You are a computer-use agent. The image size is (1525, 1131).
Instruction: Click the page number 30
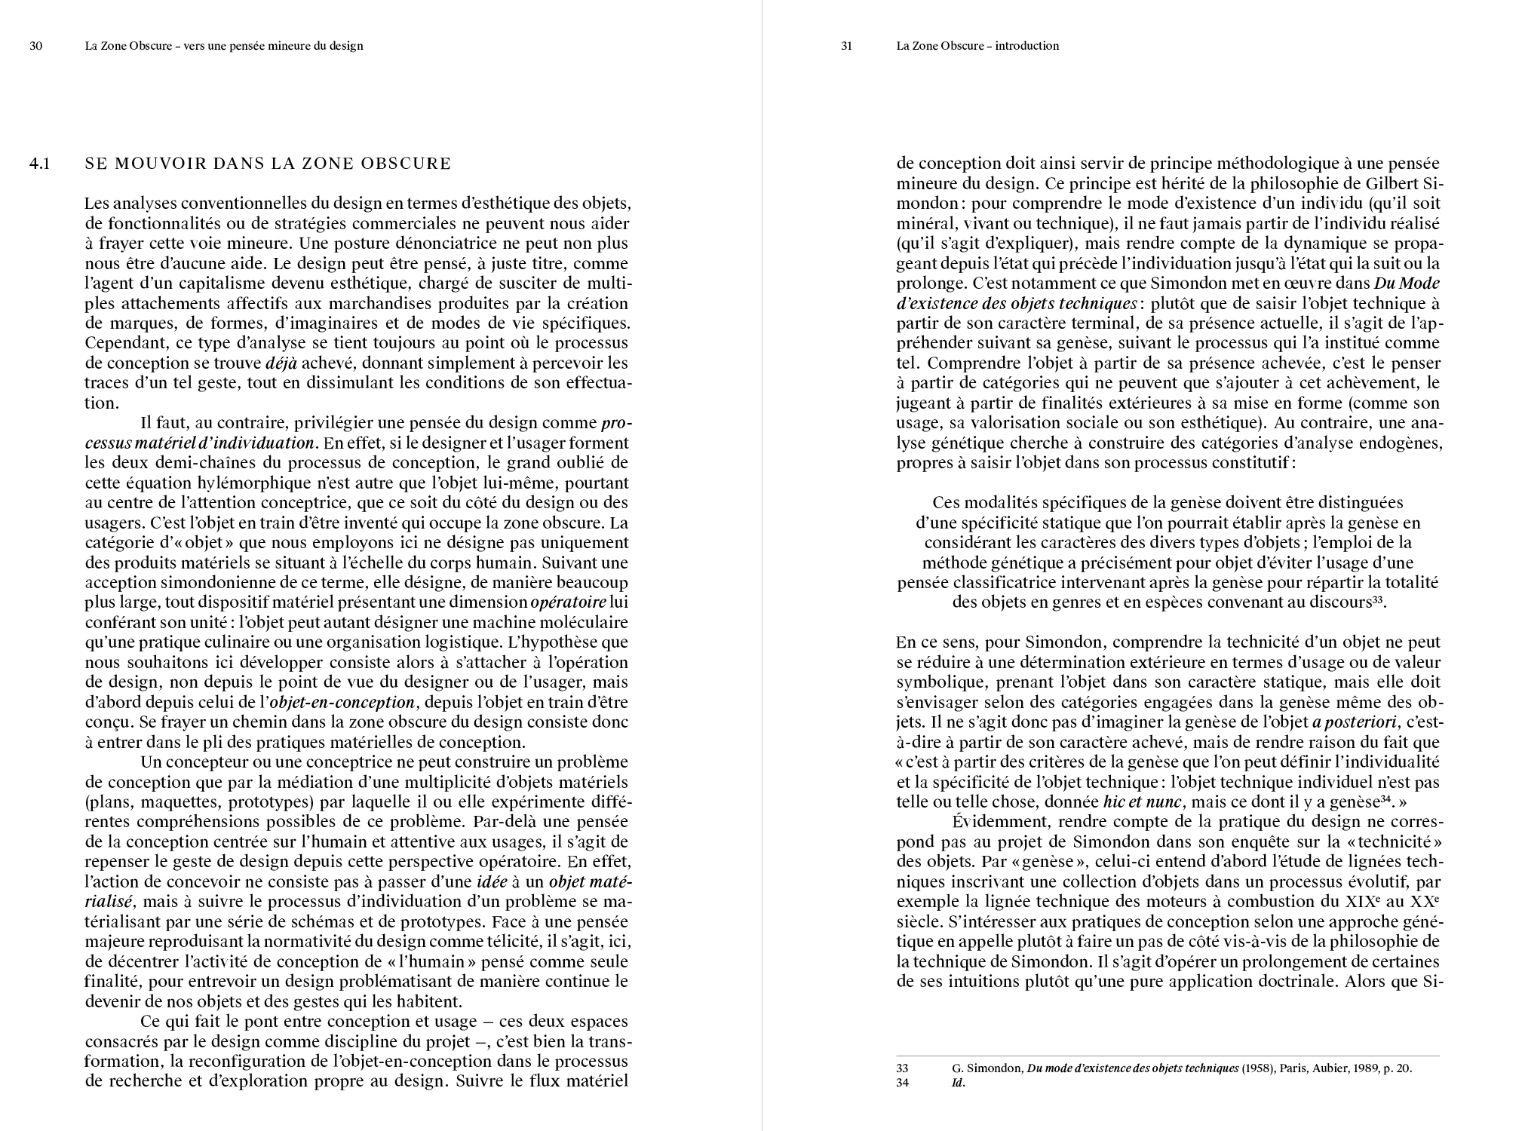pyautogui.click(x=35, y=46)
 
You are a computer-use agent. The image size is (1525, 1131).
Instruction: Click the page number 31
pyautogui.click(x=846, y=46)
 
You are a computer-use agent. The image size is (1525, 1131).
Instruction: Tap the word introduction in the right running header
pyautogui.click(x=1026, y=46)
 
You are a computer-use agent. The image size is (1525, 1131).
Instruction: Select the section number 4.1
pyautogui.click(x=40, y=164)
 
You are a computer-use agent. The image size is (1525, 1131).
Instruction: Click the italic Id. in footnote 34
pyautogui.click(x=959, y=1083)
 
